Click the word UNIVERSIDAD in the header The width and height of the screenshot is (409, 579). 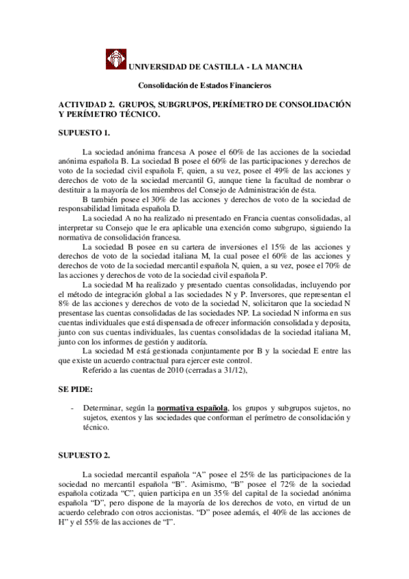coord(158,66)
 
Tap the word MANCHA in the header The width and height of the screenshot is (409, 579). coord(279,66)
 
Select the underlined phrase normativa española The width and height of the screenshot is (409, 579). coord(192,407)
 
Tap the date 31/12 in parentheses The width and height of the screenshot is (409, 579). coord(228,371)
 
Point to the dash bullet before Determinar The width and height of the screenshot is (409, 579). coord(72,407)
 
